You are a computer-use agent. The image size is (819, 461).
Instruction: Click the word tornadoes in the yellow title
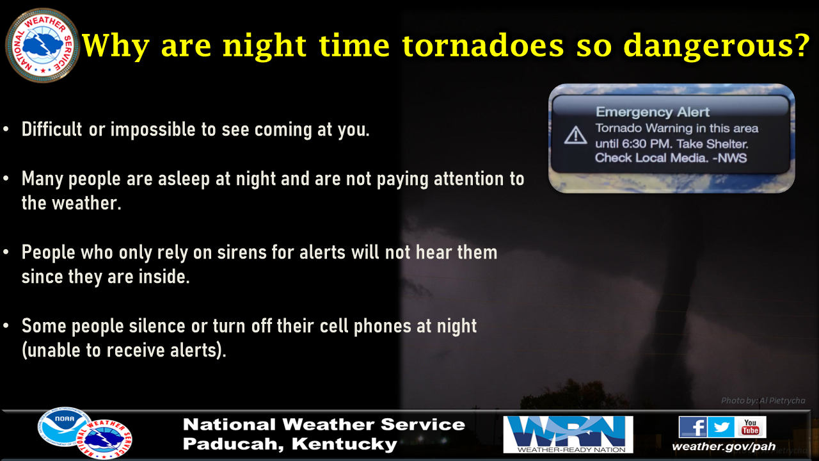coord(482,45)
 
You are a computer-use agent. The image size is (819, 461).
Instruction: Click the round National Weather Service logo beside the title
coord(42,45)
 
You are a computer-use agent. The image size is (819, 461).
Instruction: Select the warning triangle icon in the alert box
coord(575,135)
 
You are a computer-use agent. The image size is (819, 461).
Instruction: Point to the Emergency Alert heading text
coord(653,111)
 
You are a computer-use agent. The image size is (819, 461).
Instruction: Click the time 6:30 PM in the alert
coord(647,143)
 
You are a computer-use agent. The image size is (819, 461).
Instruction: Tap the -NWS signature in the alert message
coord(729,158)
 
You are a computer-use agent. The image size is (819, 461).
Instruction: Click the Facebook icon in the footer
coord(693,426)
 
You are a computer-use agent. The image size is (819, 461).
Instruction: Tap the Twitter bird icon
coord(721,426)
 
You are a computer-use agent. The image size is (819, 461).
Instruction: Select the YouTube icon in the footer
coord(751,426)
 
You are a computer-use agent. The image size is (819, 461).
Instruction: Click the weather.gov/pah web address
coord(724,446)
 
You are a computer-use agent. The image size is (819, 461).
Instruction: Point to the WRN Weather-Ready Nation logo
coord(568,434)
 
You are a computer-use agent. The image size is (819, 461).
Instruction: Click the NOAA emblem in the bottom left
coord(65,426)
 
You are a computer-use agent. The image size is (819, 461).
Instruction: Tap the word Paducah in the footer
coord(234,444)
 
